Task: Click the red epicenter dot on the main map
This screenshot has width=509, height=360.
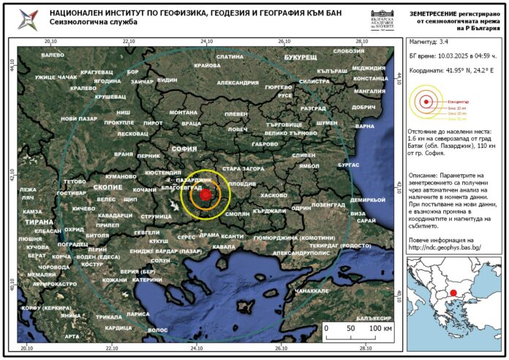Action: point(206,195)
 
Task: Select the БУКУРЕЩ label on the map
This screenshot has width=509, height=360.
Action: point(301,56)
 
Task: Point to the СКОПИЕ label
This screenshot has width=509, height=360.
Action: point(108,188)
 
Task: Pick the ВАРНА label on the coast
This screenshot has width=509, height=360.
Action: point(365,127)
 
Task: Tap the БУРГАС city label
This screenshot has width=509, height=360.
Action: point(349,165)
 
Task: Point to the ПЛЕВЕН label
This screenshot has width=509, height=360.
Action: point(235,114)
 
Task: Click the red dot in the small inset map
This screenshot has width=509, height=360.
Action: point(454,293)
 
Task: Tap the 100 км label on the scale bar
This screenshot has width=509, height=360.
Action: point(381,329)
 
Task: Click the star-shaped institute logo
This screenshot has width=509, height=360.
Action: point(29,18)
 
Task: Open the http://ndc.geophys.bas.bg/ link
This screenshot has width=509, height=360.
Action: point(445,247)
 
